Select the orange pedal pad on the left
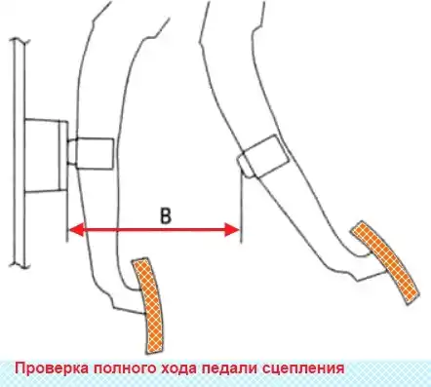(x=148, y=302)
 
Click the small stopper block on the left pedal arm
(x=93, y=153)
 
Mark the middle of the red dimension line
(x=153, y=230)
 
